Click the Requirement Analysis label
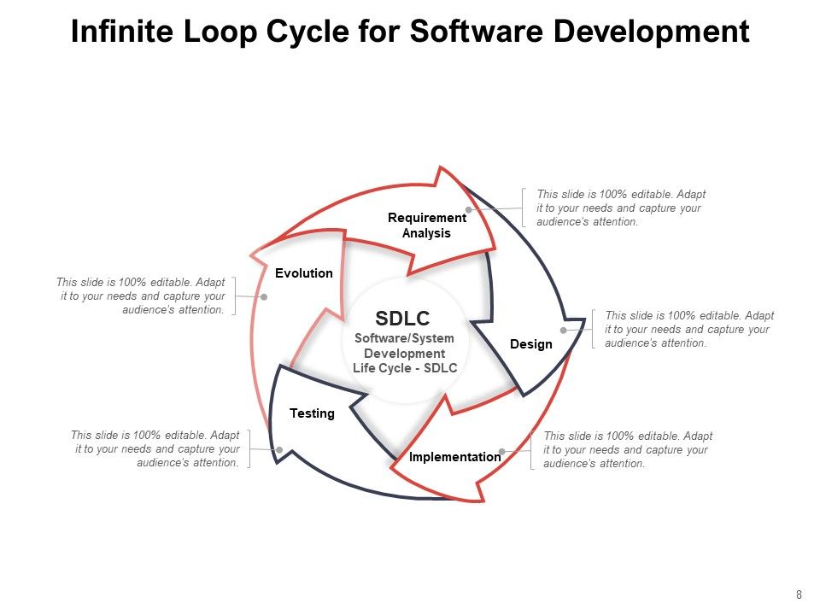(x=427, y=225)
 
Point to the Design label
(x=530, y=344)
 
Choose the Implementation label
(x=454, y=457)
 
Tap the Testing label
(x=312, y=413)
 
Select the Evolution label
(x=304, y=273)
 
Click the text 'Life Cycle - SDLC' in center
(x=405, y=368)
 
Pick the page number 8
(x=799, y=595)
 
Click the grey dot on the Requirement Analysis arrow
(x=468, y=209)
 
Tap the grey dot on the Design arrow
(x=563, y=330)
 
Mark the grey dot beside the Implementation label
(x=502, y=451)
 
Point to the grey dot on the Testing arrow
(x=279, y=449)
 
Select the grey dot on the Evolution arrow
(x=264, y=297)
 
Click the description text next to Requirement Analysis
(x=621, y=208)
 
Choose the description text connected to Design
(x=688, y=329)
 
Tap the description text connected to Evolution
(x=142, y=296)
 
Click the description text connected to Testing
(x=155, y=448)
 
